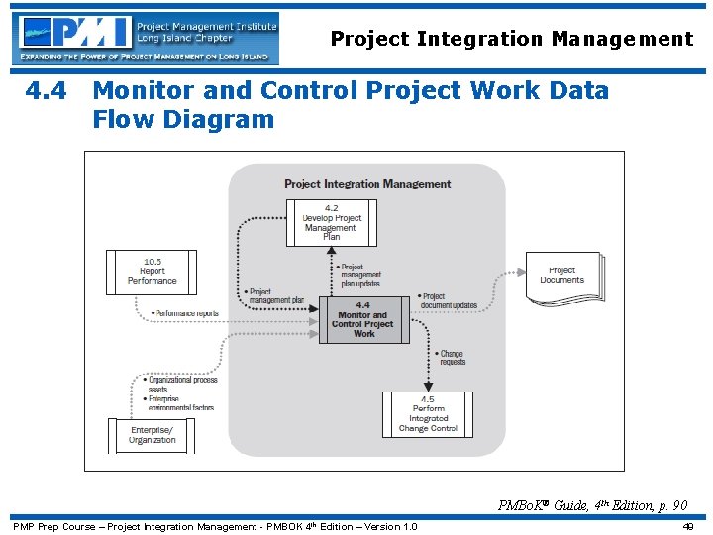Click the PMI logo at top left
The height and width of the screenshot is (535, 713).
coord(147,38)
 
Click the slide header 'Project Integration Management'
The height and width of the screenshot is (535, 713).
coord(511,40)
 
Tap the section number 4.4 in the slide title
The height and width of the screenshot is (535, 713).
coord(47,91)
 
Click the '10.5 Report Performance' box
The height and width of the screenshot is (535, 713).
coord(152,271)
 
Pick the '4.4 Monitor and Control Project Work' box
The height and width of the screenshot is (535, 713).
coord(363,320)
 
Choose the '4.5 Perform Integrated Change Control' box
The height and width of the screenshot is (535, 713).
coord(428,414)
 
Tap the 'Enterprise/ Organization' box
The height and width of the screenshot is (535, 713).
coord(152,435)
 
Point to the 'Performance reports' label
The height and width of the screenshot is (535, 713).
coord(186,313)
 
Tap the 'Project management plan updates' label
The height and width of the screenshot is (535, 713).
coord(359,275)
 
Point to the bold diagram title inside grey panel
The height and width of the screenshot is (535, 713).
coord(367,184)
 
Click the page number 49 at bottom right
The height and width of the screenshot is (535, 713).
coord(687,527)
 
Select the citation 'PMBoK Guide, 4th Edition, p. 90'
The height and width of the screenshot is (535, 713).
coord(592,505)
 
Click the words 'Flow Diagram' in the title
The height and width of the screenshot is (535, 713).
coord(183,120)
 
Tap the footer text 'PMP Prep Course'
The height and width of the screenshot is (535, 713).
coord(52,527)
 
